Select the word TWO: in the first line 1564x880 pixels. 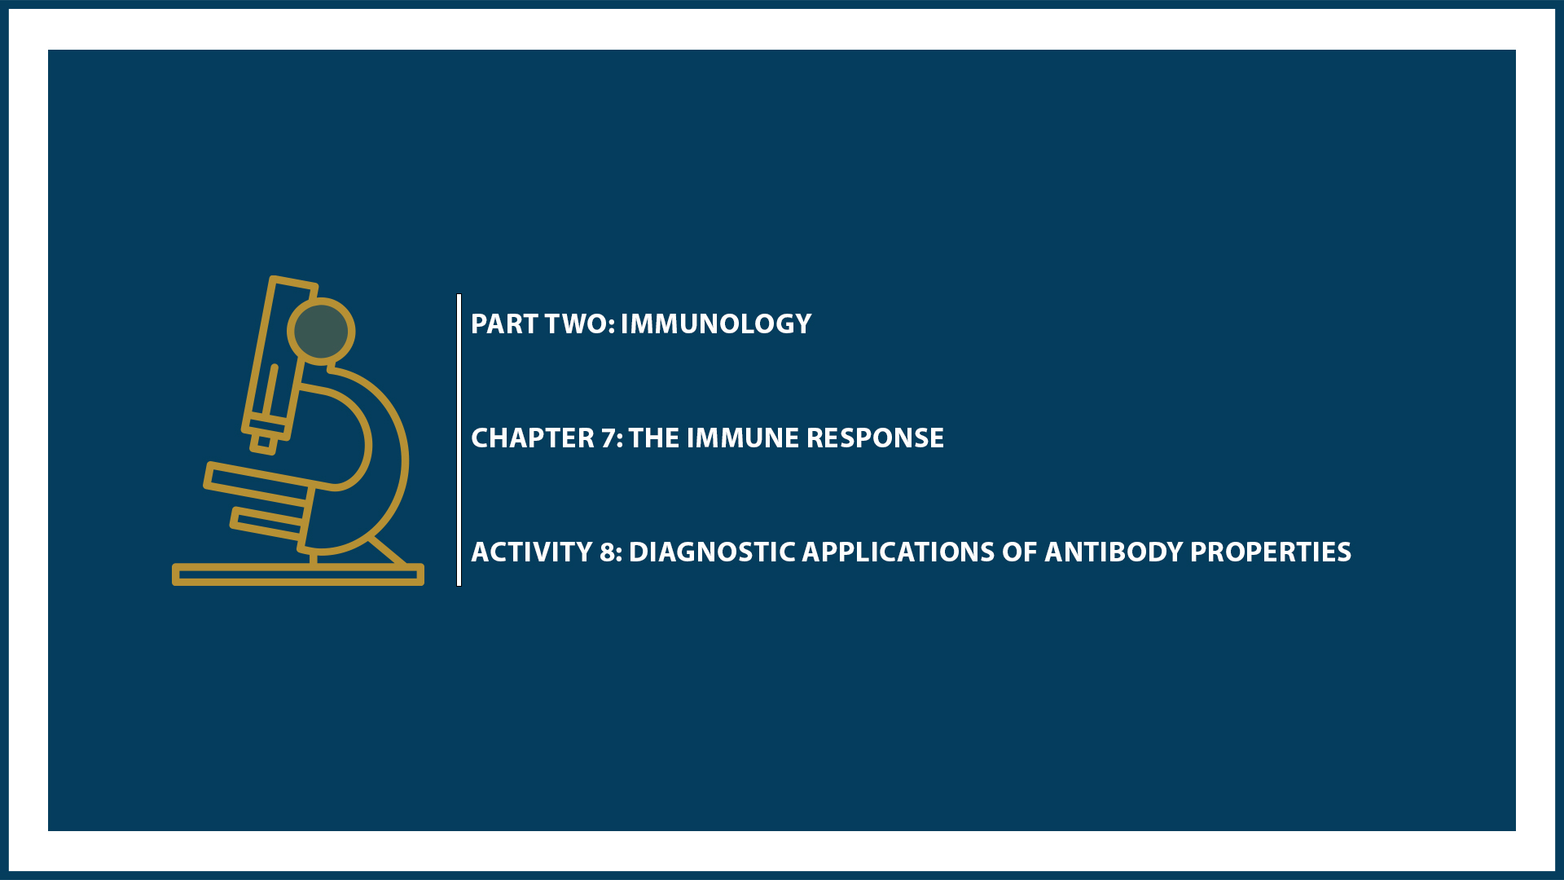pos(579,324)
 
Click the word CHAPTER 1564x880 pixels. pos(533,438)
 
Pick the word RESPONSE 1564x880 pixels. pos(875,438)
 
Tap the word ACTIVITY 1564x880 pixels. pos(531,552)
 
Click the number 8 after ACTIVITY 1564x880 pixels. pos(608,552)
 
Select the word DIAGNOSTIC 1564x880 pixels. pos(712,552)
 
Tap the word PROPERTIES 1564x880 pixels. pos(1270,552)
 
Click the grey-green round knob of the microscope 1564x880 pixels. pos(321,332)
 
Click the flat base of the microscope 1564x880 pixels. pos(297,575)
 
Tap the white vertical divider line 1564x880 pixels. pos(459,440)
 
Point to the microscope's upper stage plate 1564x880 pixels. pos(259,478)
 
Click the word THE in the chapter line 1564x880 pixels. pos(654,438)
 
